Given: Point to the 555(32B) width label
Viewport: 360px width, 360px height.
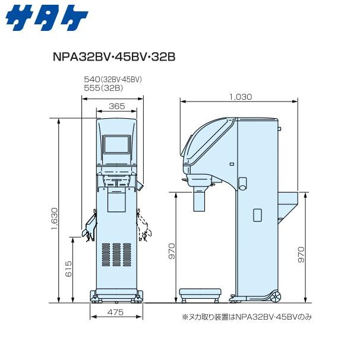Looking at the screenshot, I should [103, 87].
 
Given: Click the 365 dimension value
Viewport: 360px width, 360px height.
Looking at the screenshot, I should [117, 106].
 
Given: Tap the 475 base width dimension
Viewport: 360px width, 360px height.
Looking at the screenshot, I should [116, 311].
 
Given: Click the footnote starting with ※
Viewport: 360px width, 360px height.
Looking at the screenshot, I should [246, 317].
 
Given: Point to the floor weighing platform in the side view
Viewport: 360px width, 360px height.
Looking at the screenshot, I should [200, 293].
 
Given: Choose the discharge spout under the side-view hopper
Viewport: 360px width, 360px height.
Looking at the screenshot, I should [200, 200].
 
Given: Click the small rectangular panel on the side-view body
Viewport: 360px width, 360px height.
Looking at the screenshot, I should [257, 214].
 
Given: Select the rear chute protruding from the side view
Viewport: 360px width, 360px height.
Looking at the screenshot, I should [288, 205].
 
